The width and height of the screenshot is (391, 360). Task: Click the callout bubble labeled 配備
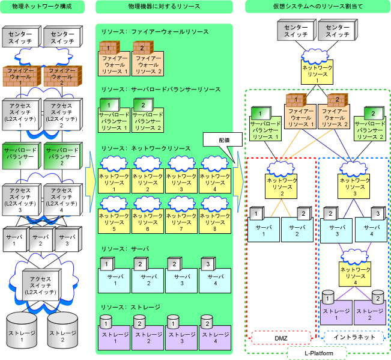223,139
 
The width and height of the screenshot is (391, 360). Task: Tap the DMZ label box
281,338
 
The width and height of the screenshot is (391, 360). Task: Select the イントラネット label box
354,337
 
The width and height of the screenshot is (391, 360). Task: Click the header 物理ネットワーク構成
42,7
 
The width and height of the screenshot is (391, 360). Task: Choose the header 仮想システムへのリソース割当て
318,7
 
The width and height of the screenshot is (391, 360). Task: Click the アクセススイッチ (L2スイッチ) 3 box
21,200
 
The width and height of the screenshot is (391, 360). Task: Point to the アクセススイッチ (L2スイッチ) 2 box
62,115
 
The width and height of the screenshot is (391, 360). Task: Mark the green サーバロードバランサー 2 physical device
62,156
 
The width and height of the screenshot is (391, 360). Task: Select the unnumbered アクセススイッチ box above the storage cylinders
41,285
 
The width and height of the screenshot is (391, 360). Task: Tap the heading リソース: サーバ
125,249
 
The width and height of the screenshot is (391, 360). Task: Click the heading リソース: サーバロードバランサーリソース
161,90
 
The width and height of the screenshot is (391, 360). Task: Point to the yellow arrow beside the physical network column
91,182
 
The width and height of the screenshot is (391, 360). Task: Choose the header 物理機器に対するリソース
164,7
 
